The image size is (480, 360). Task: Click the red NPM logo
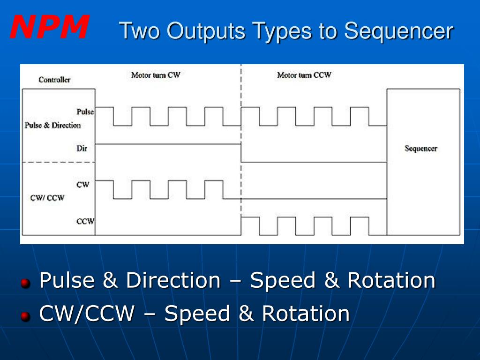[x=49, y=27]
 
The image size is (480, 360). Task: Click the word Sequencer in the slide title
[x=398, y=32]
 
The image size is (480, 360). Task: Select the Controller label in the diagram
[x=54, y=80]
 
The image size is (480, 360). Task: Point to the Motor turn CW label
[x=155, y=75]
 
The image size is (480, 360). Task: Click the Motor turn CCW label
[x=304, y=75]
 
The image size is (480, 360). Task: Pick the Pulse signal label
[x=85, y=112]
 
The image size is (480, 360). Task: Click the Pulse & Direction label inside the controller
[x=52, y=126]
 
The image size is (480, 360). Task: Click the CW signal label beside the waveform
[x=82, y=185]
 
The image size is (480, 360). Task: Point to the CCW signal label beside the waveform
[x=85, y=221]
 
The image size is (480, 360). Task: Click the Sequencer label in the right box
[x=420, y=149]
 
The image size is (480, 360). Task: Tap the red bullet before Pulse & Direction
[x=26, y=283]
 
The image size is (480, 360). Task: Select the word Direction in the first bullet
[x=172, y=280]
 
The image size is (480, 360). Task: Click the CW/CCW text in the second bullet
[x=87, y=314]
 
